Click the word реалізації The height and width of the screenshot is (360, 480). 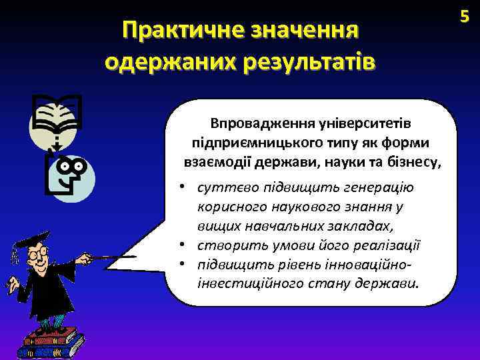388,244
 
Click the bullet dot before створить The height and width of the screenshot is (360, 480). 181,244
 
